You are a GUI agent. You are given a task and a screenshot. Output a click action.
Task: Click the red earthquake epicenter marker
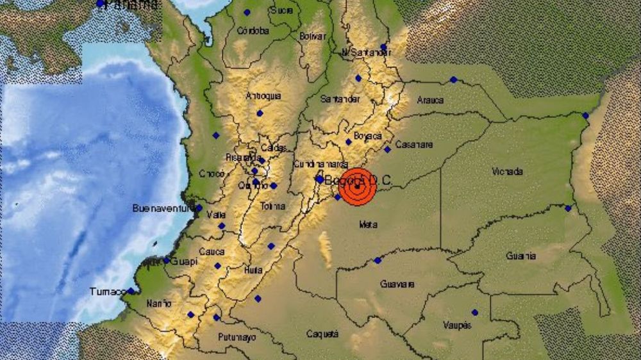tap(356, 186)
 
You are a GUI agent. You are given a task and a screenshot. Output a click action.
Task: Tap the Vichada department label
tap(507, 172)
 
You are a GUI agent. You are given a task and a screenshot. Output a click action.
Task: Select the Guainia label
tap(520, 256)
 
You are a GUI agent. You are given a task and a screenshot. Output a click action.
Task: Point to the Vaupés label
tap(457, 325)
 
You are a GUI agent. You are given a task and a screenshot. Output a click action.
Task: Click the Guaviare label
tap(397, 284)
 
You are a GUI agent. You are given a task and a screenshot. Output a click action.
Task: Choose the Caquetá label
tap(322, 334)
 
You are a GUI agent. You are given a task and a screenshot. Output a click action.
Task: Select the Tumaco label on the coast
tap(106, 292)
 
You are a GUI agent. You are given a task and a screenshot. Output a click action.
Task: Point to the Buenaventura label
tap(163, 208)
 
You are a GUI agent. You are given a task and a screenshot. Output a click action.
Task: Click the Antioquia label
tap(263, 96)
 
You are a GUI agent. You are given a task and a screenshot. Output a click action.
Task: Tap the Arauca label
tap(429, 100)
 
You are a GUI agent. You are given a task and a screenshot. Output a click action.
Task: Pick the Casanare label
tap(413, 144)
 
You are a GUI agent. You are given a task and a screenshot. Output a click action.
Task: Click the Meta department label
tap(368, 224)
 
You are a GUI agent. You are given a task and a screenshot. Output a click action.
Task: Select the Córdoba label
tap(252, 30)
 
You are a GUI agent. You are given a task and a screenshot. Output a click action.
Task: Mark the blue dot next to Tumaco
tap(130, 291)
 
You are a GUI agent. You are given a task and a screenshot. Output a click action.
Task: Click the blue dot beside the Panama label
tap(100, 4)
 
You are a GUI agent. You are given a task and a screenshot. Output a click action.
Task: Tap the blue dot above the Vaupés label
tap(474, 313)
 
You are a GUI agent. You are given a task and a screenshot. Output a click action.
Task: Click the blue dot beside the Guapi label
tap(166, 260)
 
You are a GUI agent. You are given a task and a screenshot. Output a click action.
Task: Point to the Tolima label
tap(272, 206)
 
